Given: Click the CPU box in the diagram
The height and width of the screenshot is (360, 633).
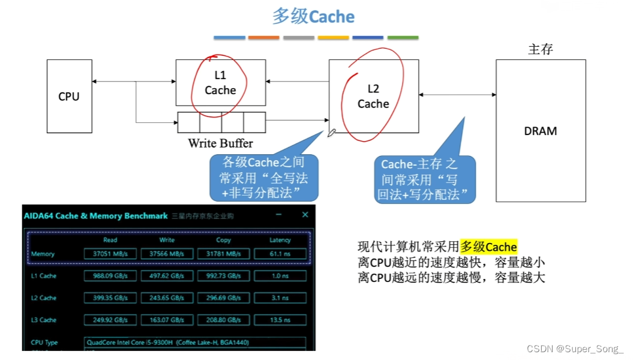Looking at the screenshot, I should (69, 96).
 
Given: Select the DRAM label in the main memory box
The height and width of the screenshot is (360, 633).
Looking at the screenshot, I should (540, 131).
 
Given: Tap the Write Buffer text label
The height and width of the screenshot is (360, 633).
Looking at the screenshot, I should (220, 143).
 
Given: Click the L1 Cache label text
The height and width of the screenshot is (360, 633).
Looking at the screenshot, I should (220, 83).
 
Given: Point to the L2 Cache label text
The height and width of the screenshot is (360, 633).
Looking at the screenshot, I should (373, 97).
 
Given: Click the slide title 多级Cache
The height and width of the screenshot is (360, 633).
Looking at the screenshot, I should (313, 16).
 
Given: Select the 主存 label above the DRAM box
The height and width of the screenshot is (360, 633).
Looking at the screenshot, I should (540, 49).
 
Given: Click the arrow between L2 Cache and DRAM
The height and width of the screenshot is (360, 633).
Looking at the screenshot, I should (457, 94).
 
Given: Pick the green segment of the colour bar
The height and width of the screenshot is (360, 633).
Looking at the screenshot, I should (403, 38).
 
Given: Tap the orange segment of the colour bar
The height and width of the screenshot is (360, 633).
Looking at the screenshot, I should (264, 38).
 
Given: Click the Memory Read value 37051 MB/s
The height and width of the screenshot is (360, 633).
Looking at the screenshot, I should (110, 254).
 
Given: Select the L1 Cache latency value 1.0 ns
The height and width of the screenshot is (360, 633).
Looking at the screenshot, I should (280, 276).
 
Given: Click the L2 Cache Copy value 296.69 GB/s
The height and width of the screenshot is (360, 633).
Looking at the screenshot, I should (223, 298).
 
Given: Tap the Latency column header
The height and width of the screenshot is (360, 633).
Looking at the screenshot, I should (280, 240).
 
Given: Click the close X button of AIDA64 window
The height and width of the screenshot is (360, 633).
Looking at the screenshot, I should (305, 215).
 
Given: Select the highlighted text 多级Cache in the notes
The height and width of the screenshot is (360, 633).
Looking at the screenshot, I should (488, 247).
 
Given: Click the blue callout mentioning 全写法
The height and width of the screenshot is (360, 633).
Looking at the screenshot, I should (264, 178).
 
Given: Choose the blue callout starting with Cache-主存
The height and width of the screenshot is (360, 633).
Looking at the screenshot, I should (425, 179).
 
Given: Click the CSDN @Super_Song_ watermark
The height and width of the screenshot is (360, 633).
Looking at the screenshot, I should (575, 349).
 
